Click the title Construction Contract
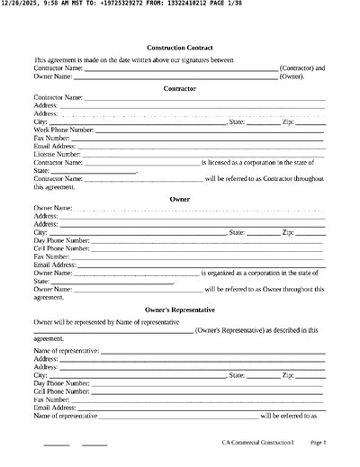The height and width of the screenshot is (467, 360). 179,47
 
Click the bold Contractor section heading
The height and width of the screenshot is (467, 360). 179,88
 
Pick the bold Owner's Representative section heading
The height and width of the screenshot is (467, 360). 179,309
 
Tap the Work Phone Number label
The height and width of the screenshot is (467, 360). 63,130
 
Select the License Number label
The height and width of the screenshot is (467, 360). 58,155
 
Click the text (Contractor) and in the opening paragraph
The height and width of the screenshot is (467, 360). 302,67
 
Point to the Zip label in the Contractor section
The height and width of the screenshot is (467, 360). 288,121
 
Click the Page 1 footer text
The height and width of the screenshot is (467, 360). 318,443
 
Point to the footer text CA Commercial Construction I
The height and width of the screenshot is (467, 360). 257,443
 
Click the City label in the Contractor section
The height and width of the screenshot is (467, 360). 40,121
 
